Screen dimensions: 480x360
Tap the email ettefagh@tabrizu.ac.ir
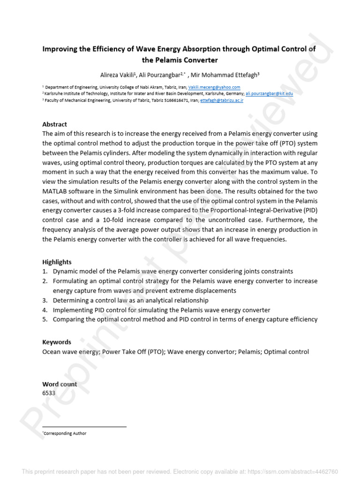[221, 100]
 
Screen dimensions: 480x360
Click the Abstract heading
[55, 125]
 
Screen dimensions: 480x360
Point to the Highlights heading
[57, 262]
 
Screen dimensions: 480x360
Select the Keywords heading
[57, 342]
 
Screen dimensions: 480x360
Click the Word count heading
[60, 384]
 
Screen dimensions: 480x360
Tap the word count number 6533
[49, 393]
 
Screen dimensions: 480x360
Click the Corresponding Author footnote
[65, 434]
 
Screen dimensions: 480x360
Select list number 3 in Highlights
[45, 300]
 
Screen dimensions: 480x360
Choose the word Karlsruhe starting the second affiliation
[54, 94]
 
